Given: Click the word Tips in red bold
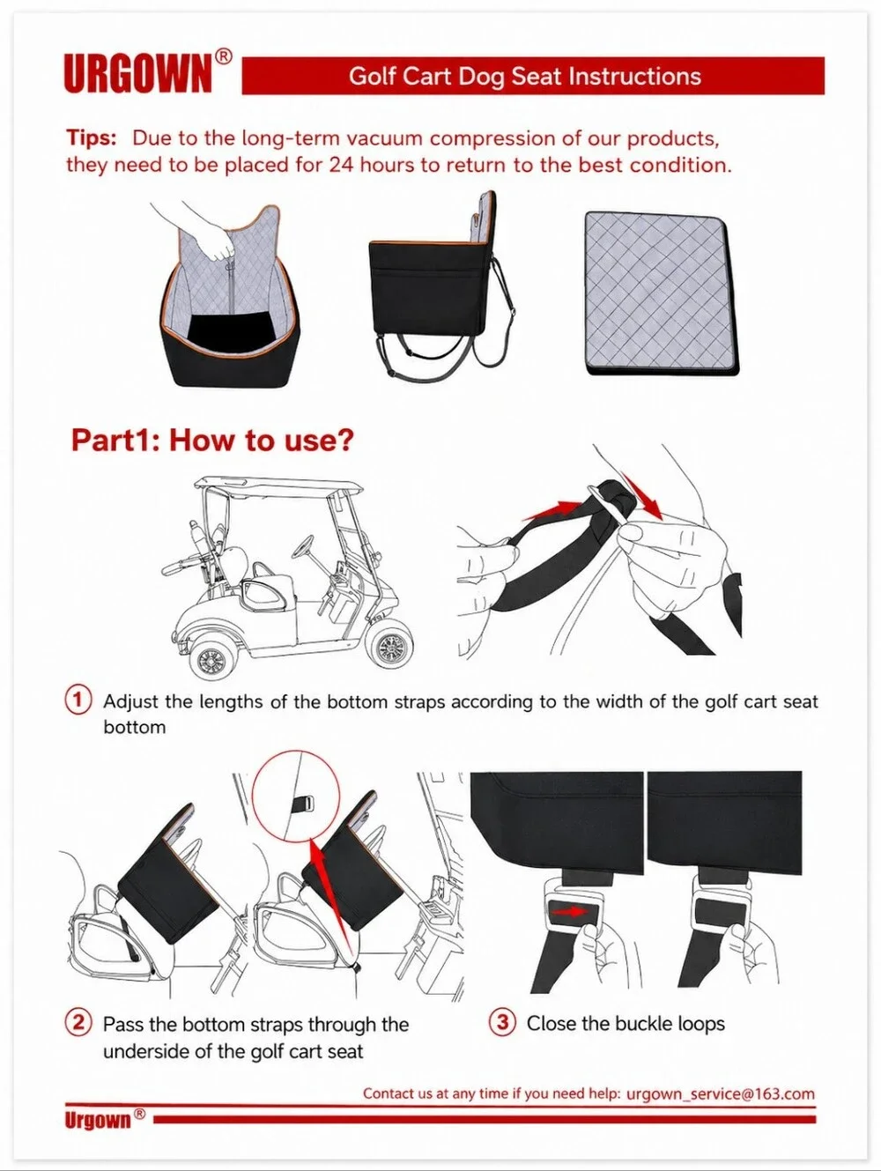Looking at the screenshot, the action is point(92,138).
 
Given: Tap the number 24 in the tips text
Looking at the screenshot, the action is point(341,165).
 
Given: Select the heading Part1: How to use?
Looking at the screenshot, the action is point(212,441).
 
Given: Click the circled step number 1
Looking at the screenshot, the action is point(78,700).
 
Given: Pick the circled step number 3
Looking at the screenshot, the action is point(502,1022).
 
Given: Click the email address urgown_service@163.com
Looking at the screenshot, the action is point(721,1093).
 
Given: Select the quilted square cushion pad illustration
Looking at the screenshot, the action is point(662,293).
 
